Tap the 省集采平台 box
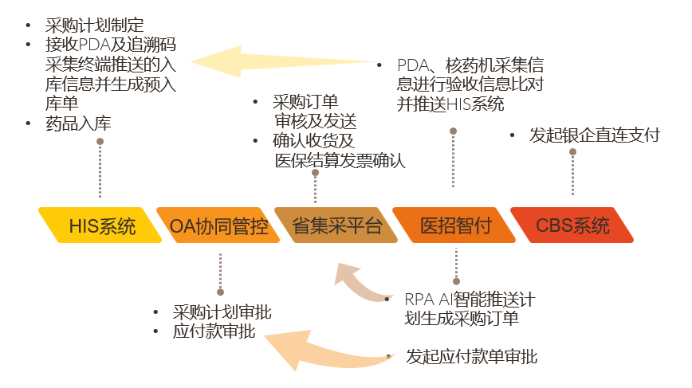click(x=337, y=225)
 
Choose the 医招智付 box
click(x=457, y=225)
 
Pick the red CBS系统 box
click(x=573, y=225)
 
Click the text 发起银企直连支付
click(x=594, y=135)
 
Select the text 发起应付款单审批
click(x=471, y=356)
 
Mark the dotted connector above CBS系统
click(x=573, y=172)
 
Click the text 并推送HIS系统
click(x=450, y=104)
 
